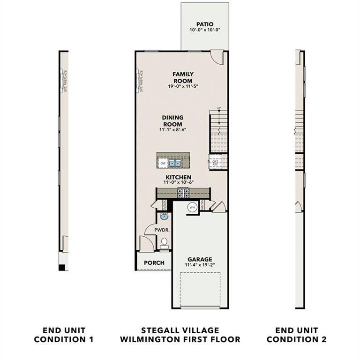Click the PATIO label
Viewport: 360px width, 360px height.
pos(205,24)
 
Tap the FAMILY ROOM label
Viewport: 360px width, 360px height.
pos(183,77)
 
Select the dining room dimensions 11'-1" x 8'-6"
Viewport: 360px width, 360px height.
pos(173,129)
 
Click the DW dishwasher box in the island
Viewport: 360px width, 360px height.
pos(163,163)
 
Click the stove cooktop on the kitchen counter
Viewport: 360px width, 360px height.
pos(183,192)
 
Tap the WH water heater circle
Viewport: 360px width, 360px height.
pos(192,207)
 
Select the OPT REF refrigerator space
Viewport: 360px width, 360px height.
pos(216,162)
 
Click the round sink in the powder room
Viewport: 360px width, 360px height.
pos(164,217)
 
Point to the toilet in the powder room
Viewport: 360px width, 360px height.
pos(164,242)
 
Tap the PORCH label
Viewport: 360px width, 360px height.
pos(154,262)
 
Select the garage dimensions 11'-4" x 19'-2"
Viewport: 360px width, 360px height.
pos(200,265)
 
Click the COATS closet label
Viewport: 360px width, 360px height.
pos(165,205)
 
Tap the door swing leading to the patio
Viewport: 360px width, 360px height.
pos(217,57)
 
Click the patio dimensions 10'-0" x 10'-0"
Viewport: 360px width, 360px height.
pos(205,30)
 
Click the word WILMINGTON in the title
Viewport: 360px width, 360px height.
pos(157,339)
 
